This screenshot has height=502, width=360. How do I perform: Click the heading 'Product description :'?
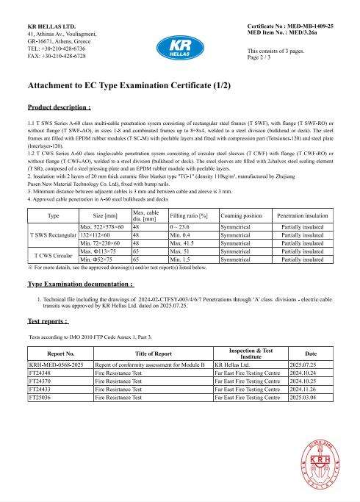point(59,107)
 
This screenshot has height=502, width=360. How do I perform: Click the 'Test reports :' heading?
point(48,321)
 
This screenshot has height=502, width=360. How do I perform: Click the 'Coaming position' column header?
point(240,215)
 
